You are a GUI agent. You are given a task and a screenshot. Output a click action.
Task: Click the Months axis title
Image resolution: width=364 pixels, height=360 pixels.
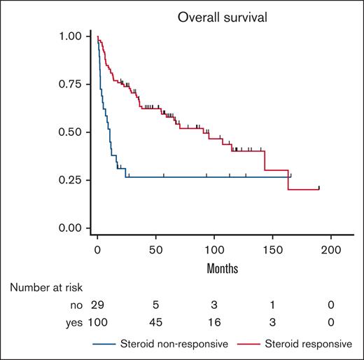pyautogui.click(x=214, y=268)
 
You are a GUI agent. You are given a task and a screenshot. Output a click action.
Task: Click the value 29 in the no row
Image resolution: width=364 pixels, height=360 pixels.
pyautogui.click(x=97, y=305)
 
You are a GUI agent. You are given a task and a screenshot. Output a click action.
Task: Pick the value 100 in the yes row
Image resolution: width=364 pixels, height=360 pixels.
pyautogui.click(x=97, y=322)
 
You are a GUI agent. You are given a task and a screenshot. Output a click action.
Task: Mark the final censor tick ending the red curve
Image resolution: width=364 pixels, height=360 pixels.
pyautogui.click(x=319, y=188)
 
